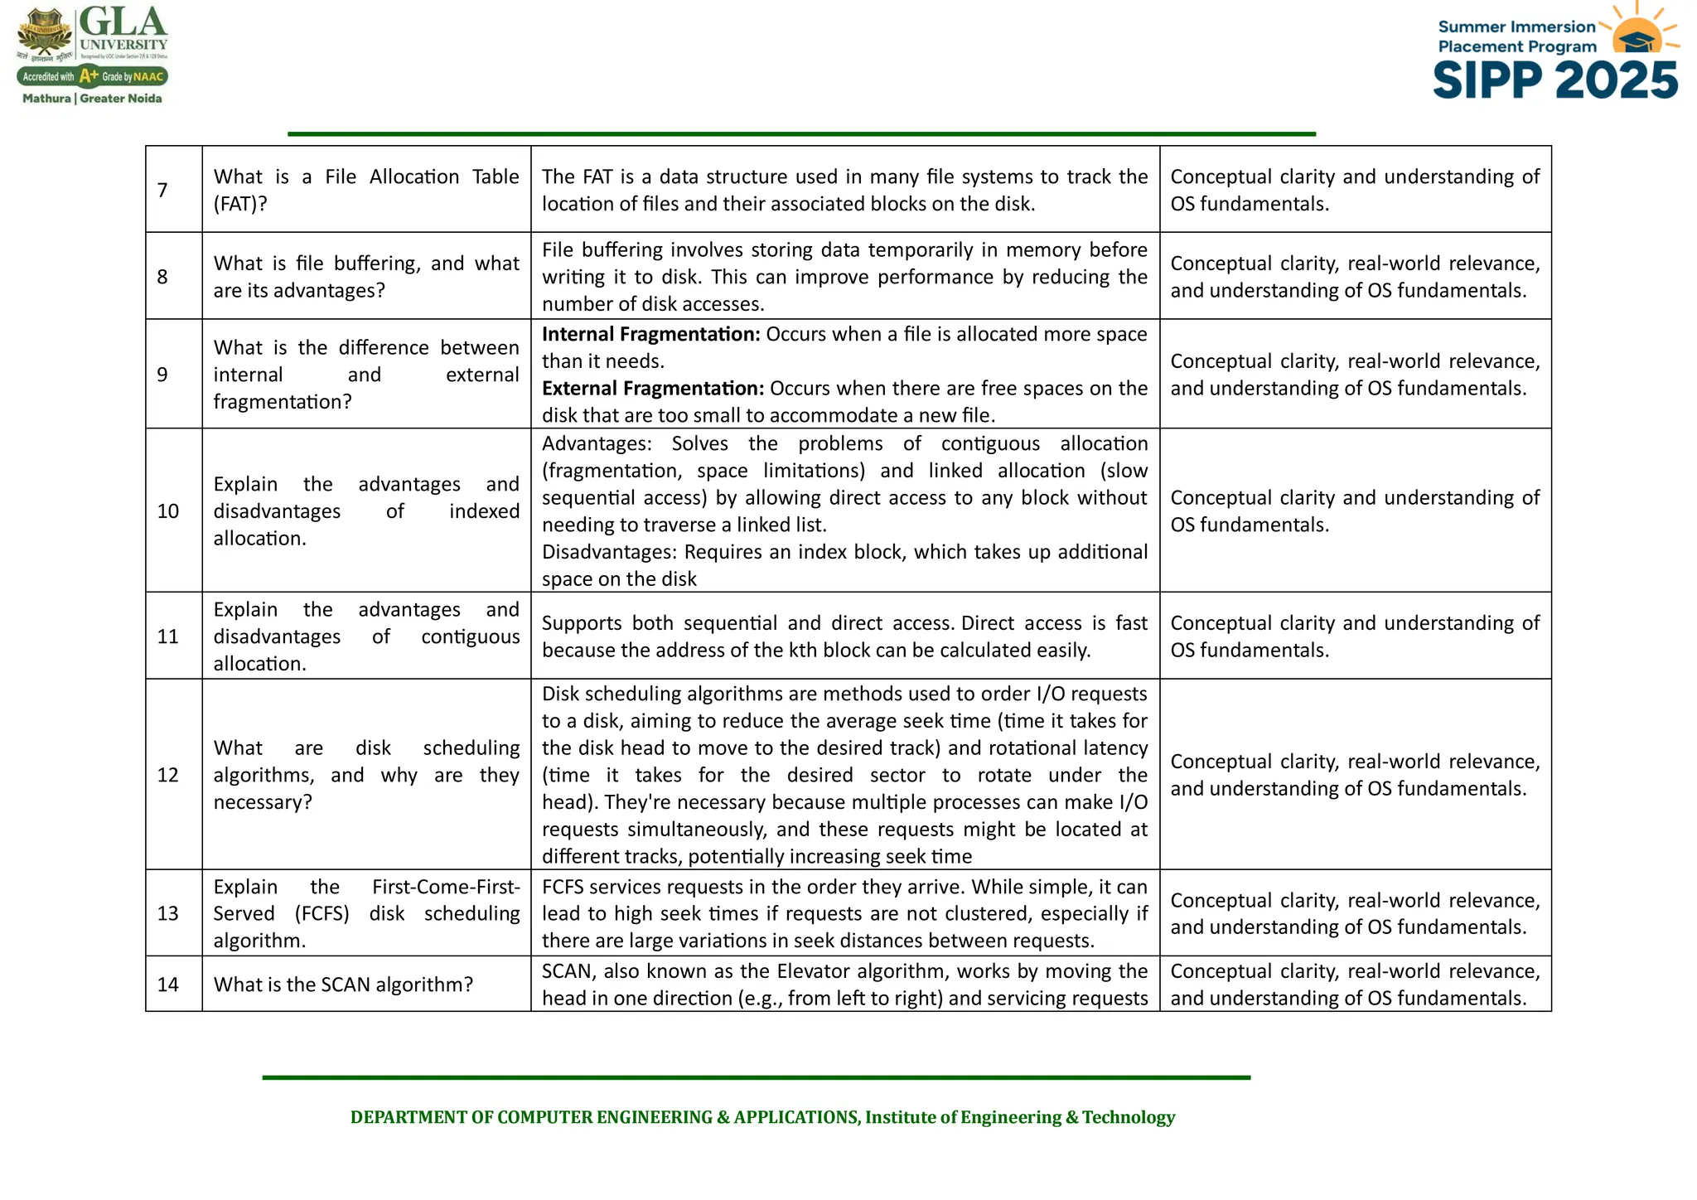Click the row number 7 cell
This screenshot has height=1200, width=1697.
coord(162,190)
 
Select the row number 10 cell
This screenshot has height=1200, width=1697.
coord(168,511)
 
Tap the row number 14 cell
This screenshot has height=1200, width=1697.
coord(168,985)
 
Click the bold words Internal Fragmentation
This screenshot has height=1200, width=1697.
coord(650,334)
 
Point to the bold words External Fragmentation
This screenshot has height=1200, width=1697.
coord(652,389)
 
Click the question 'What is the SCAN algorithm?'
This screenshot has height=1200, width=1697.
coord(343,985)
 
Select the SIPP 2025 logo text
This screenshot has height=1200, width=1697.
coord(1555,81)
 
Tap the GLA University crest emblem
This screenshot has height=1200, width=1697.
coord(46,33)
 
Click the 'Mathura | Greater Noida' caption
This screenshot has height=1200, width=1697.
coord(92,99)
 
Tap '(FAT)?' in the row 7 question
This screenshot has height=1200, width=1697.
coord(240,204)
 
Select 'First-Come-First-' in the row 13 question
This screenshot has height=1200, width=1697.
coord(446,887)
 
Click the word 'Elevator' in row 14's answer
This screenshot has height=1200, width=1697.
coord(813,971)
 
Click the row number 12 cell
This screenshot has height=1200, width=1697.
coord(168,775)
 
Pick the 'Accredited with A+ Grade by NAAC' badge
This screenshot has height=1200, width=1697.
coord(92,77)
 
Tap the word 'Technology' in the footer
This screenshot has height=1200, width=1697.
coord(1129,1117)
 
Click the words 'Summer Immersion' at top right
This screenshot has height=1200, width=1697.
coord(1516,27)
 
